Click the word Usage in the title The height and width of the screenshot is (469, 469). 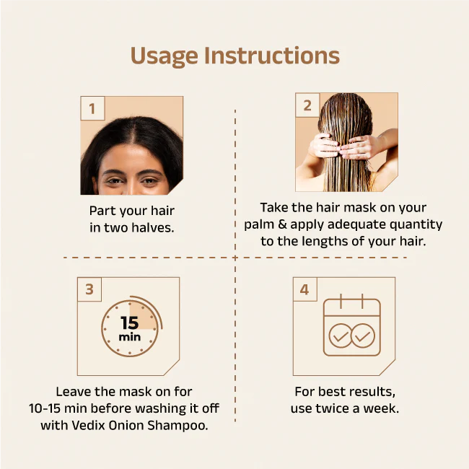click(165, 56)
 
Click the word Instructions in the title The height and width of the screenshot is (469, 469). click(272, 56)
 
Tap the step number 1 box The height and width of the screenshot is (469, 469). click(92, 108)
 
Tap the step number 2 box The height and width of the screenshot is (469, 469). click(307, 105)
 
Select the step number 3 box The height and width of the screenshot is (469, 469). click(89, 289)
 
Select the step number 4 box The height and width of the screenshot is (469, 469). click(304, 289)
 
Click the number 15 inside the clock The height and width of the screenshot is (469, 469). click(129, 323)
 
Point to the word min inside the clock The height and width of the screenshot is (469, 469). click(129, 337)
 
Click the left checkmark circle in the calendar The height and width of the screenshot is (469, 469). click(341, 336)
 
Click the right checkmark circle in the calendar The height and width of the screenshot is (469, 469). click(362, 336)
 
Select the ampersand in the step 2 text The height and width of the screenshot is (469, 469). click(282, 224)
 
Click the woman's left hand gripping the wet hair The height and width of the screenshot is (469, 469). click(324, 146)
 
